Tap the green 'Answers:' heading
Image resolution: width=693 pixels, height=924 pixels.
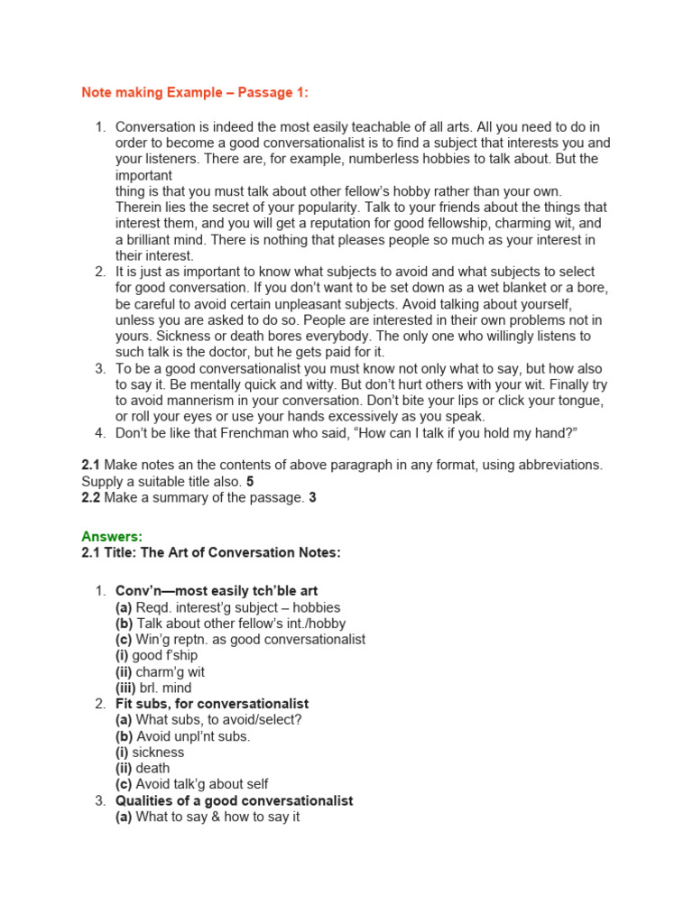(112, 537)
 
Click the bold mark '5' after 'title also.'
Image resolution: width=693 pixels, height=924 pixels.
(250, 481)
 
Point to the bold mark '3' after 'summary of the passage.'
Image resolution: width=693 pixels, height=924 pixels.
(312, 497)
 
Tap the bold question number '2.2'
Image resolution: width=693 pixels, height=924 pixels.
(90, 497)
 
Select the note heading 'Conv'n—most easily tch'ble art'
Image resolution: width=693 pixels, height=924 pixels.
(217, 591)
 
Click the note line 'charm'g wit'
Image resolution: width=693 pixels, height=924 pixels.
(167, 671)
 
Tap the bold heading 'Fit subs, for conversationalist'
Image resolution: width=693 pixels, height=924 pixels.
(212, 704)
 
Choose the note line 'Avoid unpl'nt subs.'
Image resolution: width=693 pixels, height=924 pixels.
(193, 736)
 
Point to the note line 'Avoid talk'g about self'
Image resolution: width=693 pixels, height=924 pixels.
(202, 785)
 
